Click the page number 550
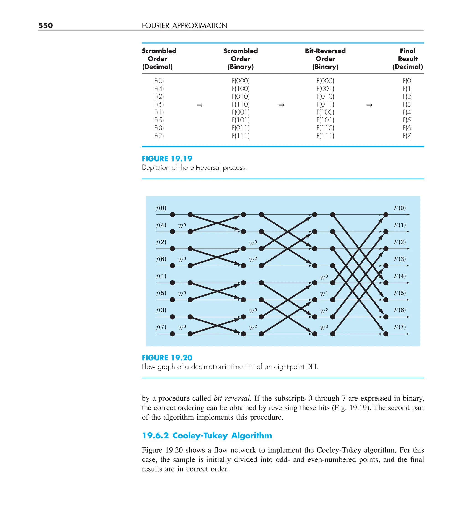click(x=46, y=25)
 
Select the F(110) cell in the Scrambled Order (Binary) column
click(x=240, y=104)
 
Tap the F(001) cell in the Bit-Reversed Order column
click(x=325, y=89)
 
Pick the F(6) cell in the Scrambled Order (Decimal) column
click(x=159, y=104)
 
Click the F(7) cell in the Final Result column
click(x=407, y=136)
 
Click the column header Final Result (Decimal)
click(x=407, y=59)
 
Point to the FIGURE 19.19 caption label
click(x=167, y=159)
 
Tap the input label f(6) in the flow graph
click(x=161, y=259)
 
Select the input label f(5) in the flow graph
click(x=161, y=293)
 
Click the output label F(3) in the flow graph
click(x=400, y=259)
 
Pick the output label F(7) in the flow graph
click(x=400, y=327)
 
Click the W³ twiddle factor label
click(x=324, y=328)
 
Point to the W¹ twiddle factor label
click(x=324, y=294)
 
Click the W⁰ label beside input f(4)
click(x=182, y=226)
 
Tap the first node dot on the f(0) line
click(x=172, y=215)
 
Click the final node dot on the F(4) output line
click(x=386, y=283)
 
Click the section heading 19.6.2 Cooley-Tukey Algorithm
click(x=207, y=435)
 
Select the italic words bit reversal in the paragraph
click(x=232, y=398)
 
